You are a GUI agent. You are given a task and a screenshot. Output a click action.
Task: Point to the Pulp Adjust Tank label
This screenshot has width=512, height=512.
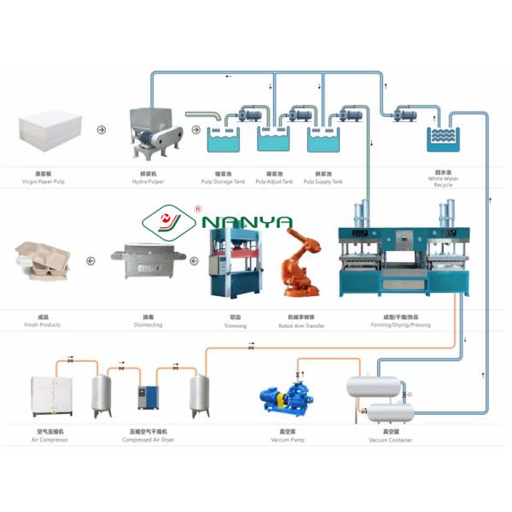pos(275,181)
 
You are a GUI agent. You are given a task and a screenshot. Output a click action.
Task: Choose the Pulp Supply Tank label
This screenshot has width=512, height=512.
pos(323,181)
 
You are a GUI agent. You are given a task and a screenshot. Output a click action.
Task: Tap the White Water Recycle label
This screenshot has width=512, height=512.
pos(443,181)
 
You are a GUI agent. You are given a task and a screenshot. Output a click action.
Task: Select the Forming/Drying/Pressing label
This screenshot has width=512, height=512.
pos(401,325)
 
